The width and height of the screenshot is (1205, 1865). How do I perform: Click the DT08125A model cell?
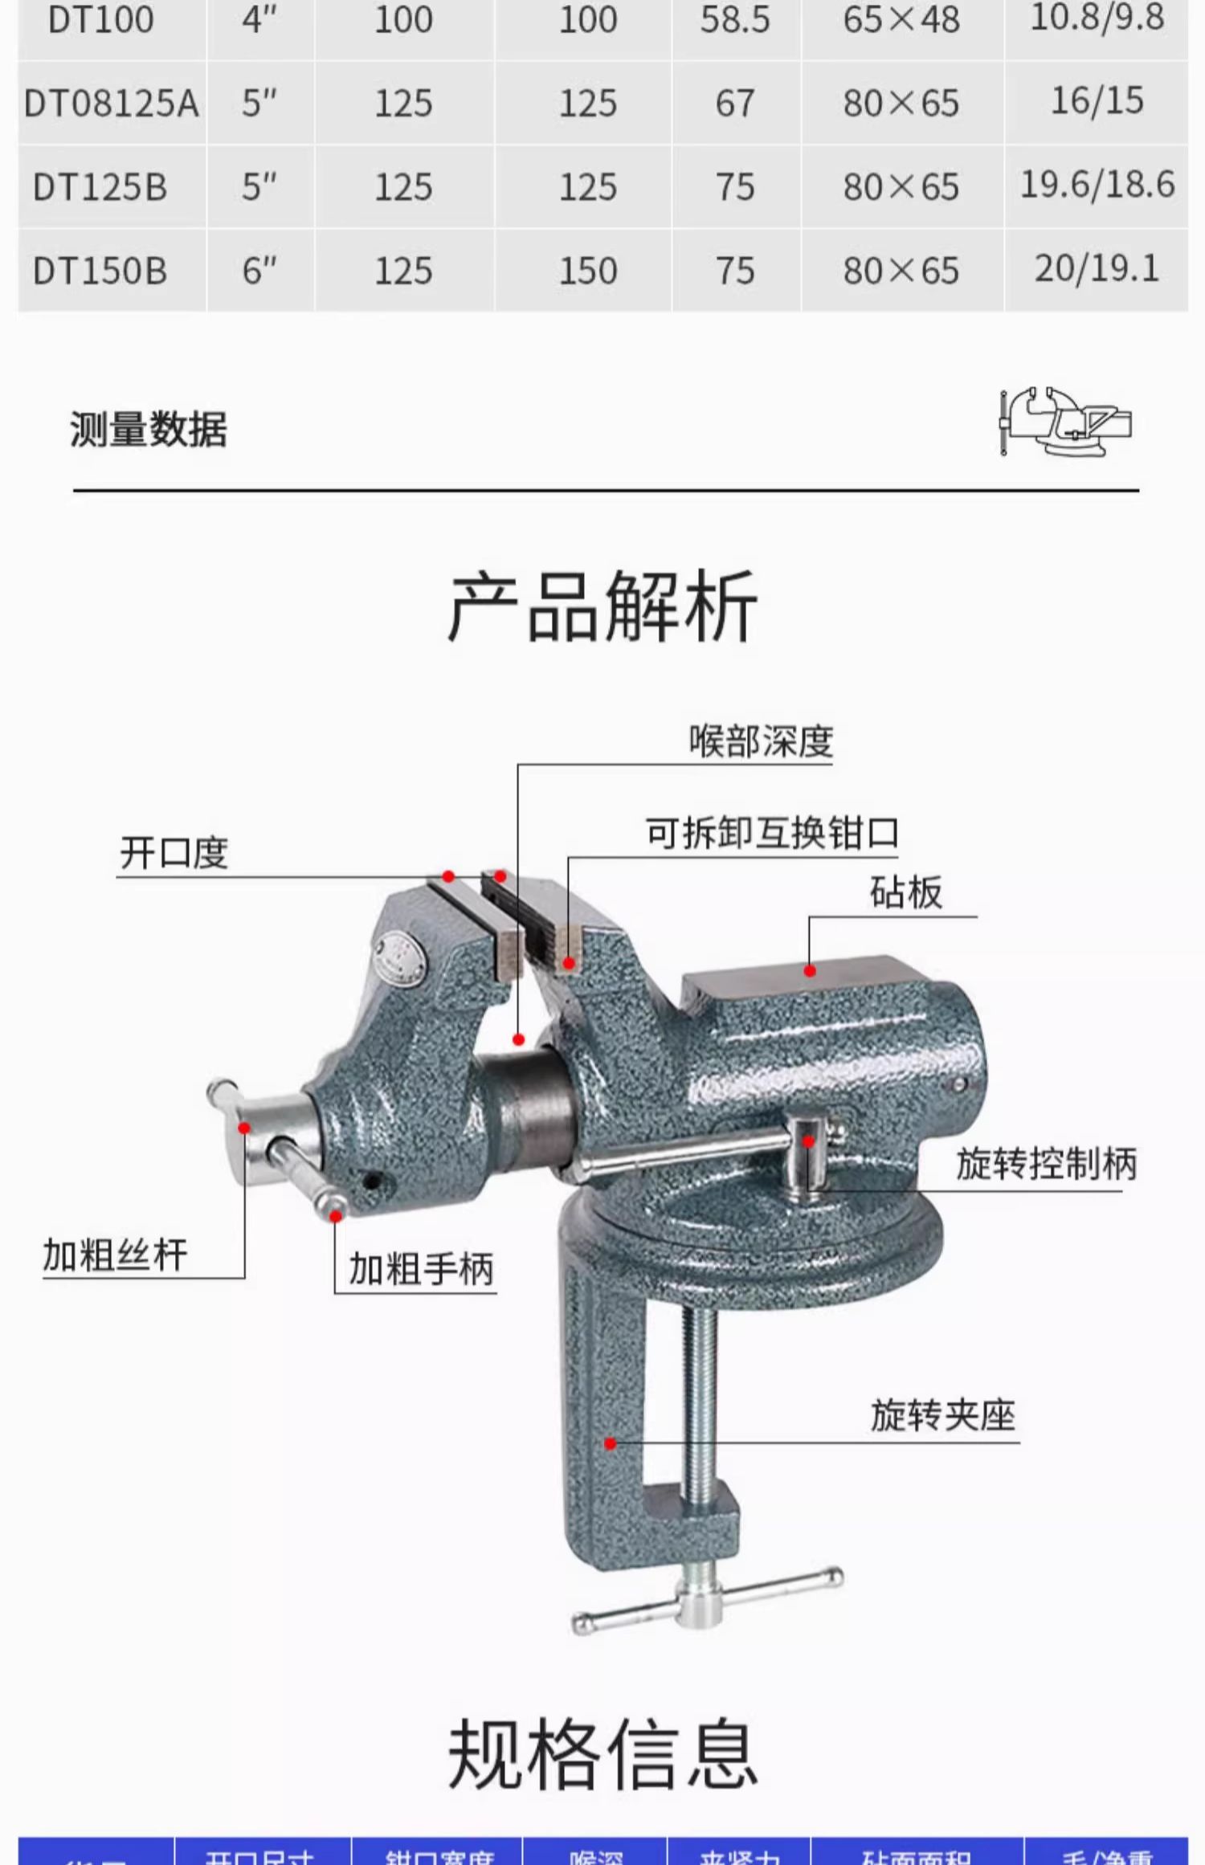(x=111, y=104)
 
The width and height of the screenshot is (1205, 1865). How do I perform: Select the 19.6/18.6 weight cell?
(x=1097, y=185)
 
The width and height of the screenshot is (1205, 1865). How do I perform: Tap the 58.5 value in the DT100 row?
(x=735, y=20)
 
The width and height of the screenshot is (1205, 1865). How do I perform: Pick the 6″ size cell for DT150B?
(x=259, y=271)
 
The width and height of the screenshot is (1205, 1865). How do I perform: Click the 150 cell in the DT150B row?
(x=588, y=271)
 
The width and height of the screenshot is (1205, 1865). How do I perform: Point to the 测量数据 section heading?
(x=149, y=429)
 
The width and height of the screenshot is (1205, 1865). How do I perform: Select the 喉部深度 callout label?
(x=761, y=741)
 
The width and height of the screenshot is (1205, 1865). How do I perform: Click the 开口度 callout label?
(x=174, y=852)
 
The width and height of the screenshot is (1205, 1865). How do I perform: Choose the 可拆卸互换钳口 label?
(x=772, y=834)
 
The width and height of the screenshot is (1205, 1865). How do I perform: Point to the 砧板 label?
(x=905, y=892)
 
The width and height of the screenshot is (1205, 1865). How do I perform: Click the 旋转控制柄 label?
(x=1046, y=1163)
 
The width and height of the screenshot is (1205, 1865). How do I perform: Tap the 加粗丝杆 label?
(x=115, y=1255)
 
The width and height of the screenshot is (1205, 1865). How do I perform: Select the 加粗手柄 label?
(x=421, y=1269)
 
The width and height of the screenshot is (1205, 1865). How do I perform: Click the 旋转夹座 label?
(x=943, y=1415)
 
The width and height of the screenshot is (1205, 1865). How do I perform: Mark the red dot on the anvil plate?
(x=810, y=971)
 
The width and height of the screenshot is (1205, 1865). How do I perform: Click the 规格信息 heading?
(x=602, y=1755)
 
